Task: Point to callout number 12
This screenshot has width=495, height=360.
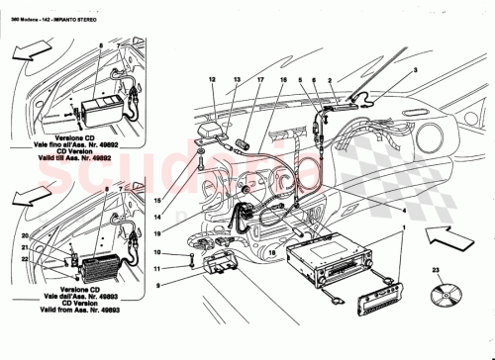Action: [212, 78]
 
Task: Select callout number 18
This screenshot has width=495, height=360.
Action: [270, 253]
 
